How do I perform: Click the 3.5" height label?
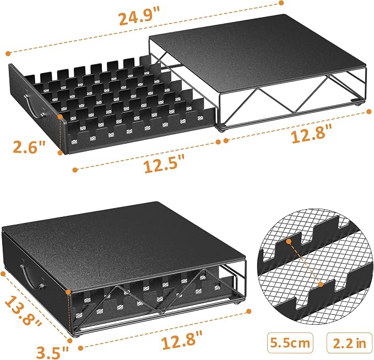[52, 352]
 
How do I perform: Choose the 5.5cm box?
[290, 343]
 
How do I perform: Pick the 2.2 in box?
[349, 343]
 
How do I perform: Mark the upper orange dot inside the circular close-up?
[289, 242]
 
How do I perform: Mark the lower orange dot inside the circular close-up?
[321, 284]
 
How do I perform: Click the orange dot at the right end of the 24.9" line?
[281, 3]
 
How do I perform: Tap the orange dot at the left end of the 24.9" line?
[9, 53]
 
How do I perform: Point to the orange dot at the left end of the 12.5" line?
[75, 170]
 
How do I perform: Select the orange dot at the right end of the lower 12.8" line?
[249, 312]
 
